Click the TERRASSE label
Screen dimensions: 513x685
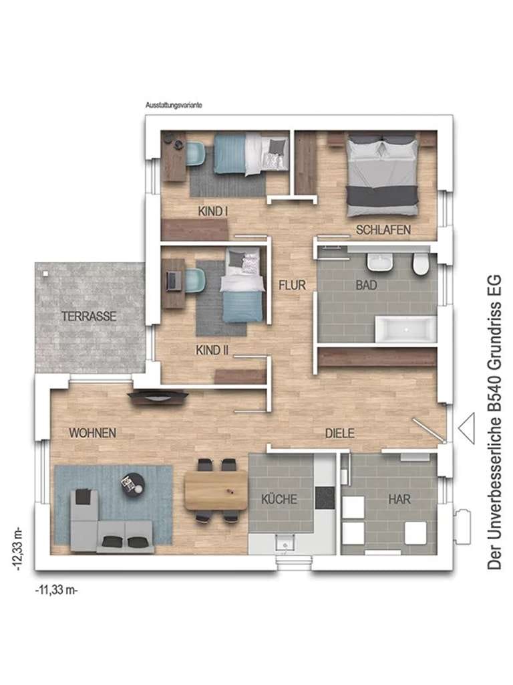pos(89,316)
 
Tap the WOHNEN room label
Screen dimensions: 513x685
pos(92,433)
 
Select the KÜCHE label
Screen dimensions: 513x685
pos(279,499)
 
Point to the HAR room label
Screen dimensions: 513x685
pos(399,499)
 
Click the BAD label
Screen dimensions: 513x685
pos(366,285)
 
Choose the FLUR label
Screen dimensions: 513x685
pos(293,285)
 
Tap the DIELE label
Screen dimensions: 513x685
pos(340,433)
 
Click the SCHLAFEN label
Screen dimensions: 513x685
pos(383,230)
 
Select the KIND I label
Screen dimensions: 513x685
pos(213,211)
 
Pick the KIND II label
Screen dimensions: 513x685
pos(212,350)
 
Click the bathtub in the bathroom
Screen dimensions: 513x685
pos(405,329)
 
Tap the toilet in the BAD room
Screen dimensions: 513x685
pos(421,265)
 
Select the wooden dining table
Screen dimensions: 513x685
pos(216,490)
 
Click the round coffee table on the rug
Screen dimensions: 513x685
pos(133,484)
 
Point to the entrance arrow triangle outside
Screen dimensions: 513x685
pos(466,429)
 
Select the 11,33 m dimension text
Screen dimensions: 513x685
pos(56,590)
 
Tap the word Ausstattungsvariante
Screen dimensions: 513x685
pos(174,105)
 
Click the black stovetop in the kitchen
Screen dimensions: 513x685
pos(325,498)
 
